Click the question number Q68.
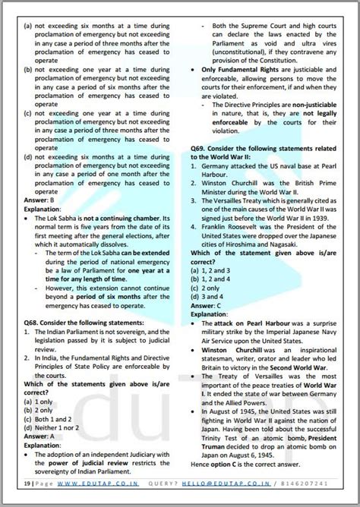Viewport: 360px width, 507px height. click(33, 322)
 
